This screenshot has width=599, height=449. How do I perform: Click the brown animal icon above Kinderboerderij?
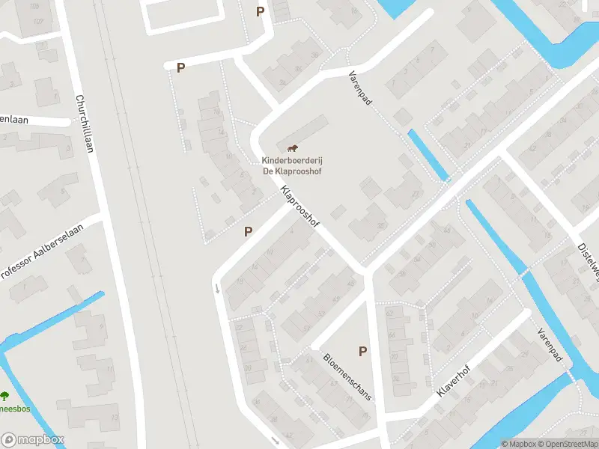(291, 147)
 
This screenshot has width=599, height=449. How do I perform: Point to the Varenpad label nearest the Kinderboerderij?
(360, 88)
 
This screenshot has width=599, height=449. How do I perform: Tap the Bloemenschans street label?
(346, 376)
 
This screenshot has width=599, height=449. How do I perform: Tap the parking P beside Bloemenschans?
(363, 351)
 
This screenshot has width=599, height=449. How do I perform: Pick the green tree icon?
(5, 396)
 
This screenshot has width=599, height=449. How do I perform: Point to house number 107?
(37, 20)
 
